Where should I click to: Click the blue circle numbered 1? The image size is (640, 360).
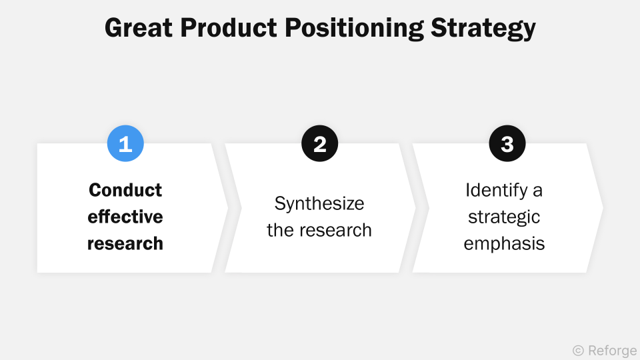coord(125,144)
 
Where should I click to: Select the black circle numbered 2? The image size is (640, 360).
coord(320,144)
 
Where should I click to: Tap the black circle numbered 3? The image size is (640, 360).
coord(507,144)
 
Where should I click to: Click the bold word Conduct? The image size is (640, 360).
coord(125,190)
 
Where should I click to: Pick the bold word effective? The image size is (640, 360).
coord(125,217)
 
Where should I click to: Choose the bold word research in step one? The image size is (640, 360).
coord(125,243)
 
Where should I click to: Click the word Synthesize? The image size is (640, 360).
coord(319,204)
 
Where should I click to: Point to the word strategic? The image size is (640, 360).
coord(504,217)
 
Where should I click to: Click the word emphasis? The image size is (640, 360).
coord(504,244)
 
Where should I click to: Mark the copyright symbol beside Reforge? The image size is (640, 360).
coord(578,349)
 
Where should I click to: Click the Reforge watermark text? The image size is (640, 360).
coord(613,349)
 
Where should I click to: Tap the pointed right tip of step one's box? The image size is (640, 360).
coord(227,208)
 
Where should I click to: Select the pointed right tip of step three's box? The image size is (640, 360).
coord(603,208)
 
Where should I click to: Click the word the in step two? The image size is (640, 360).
coord(281,230)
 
